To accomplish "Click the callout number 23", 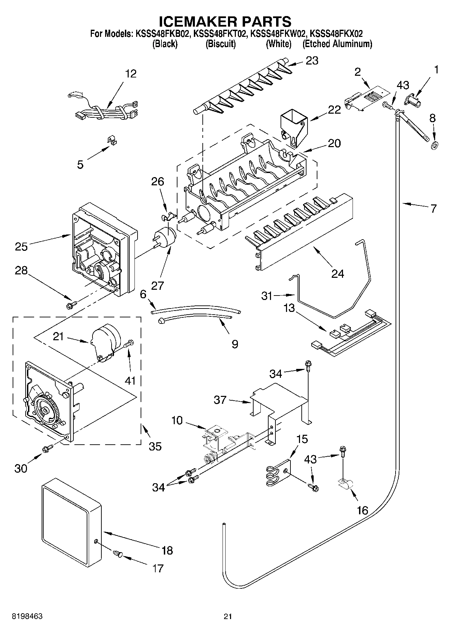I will coord(312,61).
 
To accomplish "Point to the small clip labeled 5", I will coord(111,140).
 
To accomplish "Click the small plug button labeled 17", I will coord(117,554).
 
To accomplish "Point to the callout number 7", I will coord(433,208).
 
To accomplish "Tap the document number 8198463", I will coord(27,616).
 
